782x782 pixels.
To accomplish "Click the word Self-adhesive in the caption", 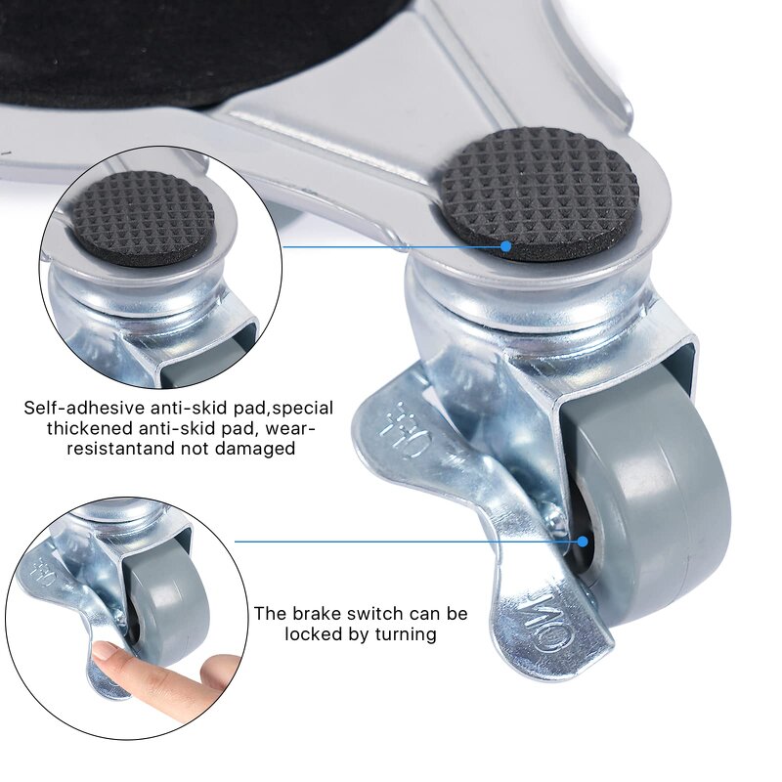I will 83,407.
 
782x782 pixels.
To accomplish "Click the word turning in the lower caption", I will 403,634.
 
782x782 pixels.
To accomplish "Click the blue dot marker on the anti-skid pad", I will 506,246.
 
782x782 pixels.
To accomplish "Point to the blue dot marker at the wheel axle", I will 583,541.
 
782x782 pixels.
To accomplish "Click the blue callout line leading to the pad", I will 391,246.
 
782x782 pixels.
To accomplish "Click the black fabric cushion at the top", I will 195,49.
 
